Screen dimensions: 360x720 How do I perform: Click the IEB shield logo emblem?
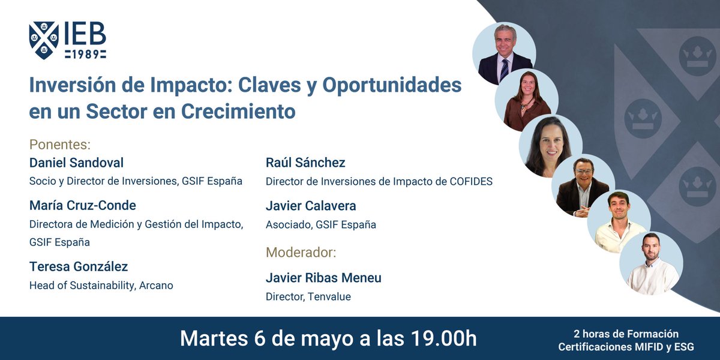44,40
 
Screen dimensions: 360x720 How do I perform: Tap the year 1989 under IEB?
86,55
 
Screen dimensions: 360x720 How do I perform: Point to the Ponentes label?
60,145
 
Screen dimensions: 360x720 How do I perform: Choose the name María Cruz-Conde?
83,205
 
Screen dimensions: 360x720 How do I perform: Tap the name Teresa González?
79,266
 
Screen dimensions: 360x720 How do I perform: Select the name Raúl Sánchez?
305,163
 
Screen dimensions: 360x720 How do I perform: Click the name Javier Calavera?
311,206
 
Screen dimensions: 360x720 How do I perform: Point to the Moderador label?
301,252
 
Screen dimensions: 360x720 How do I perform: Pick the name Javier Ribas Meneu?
323,278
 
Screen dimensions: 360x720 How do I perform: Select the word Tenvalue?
329,296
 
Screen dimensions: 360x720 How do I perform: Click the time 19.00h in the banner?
435,338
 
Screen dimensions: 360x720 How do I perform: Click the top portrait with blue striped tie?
505,55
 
